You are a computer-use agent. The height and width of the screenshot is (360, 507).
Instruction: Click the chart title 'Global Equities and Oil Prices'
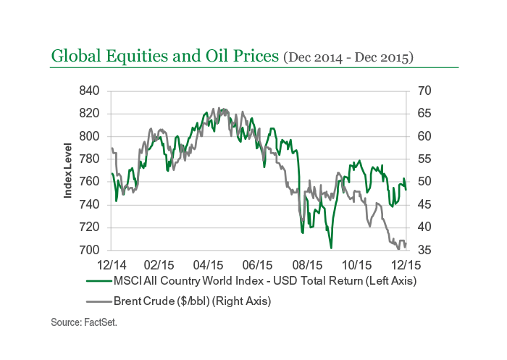click(164, 55)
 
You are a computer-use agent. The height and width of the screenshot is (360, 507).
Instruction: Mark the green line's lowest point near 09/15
click(331, 248)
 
